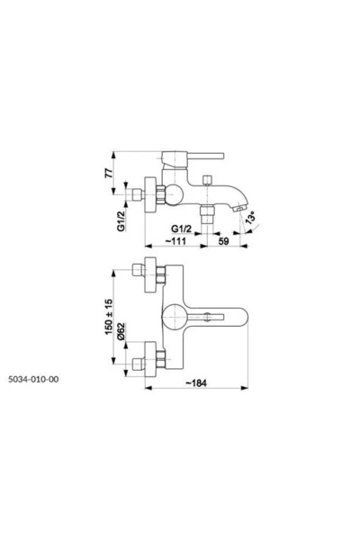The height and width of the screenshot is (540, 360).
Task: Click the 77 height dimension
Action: tap(109, 173)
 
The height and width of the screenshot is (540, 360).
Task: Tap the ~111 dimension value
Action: tap(175, 240)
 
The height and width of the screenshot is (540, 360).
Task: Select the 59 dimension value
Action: tap(223, 241)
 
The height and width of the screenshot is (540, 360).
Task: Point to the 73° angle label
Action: tap(251, 220)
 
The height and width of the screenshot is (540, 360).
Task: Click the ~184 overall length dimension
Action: tap(196, 383)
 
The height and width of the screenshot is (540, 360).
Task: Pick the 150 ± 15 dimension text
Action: tap(109, 317)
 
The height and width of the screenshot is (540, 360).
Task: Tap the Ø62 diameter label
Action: tap(121, 331)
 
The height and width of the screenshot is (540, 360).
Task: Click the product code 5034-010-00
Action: tap(33, 379)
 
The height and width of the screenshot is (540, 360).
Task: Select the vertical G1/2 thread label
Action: tap(121, 221)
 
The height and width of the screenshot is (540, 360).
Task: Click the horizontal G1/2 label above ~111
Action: tap(181, 228)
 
